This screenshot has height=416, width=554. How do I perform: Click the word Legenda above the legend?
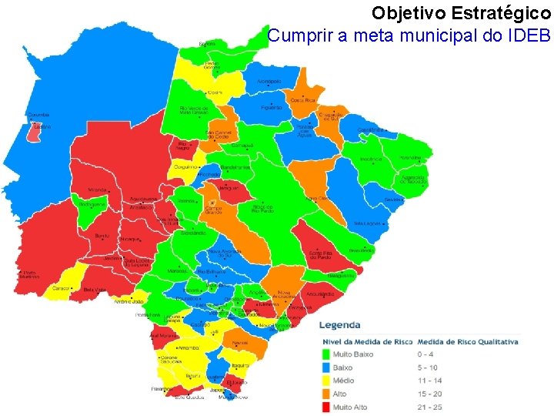click(339, 325)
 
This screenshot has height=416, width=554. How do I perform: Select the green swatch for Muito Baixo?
click(325, 354)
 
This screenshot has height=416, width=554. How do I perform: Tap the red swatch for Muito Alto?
click(325, 407)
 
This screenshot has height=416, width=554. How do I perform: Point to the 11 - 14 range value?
click(430, 381)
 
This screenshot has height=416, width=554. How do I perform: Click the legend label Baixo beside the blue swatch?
click(344, 367)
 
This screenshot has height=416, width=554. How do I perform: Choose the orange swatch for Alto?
click(325, 394)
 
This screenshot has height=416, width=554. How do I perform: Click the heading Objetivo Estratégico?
click(461, 13)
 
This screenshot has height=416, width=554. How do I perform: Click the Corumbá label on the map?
click(38, 115)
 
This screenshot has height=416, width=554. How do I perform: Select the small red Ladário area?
click(35, 132)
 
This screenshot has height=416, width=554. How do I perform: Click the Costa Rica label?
click(302, 100)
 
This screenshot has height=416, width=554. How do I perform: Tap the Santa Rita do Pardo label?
click(321, 254)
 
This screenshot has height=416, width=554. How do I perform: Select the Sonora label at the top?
click(207, 44)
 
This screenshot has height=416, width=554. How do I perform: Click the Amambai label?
click(189, 348)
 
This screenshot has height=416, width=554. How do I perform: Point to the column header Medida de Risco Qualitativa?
click(468, 341)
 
